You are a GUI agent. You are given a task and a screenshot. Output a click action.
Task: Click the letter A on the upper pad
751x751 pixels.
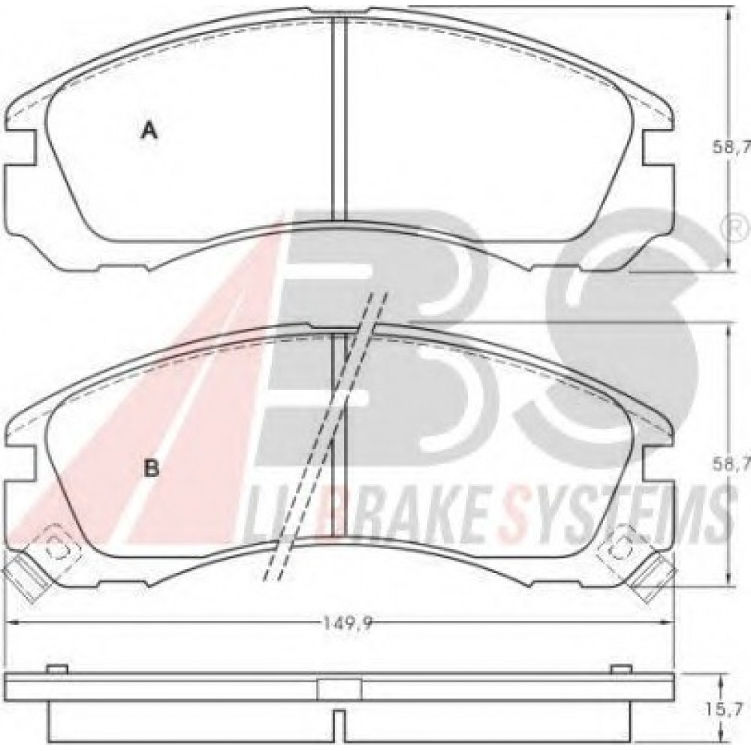click(150, 131)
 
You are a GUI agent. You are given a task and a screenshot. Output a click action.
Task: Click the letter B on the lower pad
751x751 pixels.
click(151, 469)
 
